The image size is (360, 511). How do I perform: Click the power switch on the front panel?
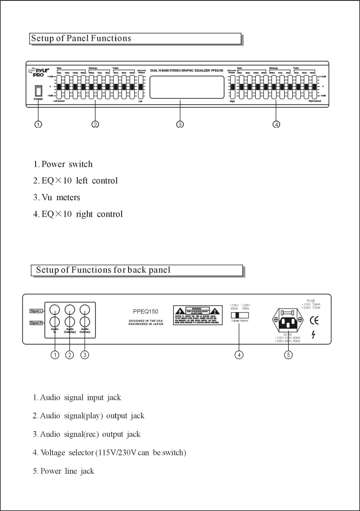(38, 90)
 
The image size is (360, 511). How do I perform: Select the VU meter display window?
(187, 87)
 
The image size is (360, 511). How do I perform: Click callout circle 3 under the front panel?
(180, 125)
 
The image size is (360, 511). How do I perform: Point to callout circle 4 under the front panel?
(276, 125)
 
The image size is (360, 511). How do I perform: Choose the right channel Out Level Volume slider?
(232, 86)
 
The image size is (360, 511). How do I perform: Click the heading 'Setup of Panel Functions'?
(81, 38)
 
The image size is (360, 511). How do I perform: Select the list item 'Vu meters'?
(57, 198)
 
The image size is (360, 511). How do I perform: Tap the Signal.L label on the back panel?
(36, 311)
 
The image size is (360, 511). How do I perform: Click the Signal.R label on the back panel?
(36, 323)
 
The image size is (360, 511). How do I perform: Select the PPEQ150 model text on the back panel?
(145, 311)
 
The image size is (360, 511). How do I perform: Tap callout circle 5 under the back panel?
(289, 354)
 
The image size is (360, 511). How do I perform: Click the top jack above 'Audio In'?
(55, 310)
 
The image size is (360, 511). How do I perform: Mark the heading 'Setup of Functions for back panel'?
(103, 270)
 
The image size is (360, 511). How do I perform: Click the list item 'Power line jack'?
(63, 471)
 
